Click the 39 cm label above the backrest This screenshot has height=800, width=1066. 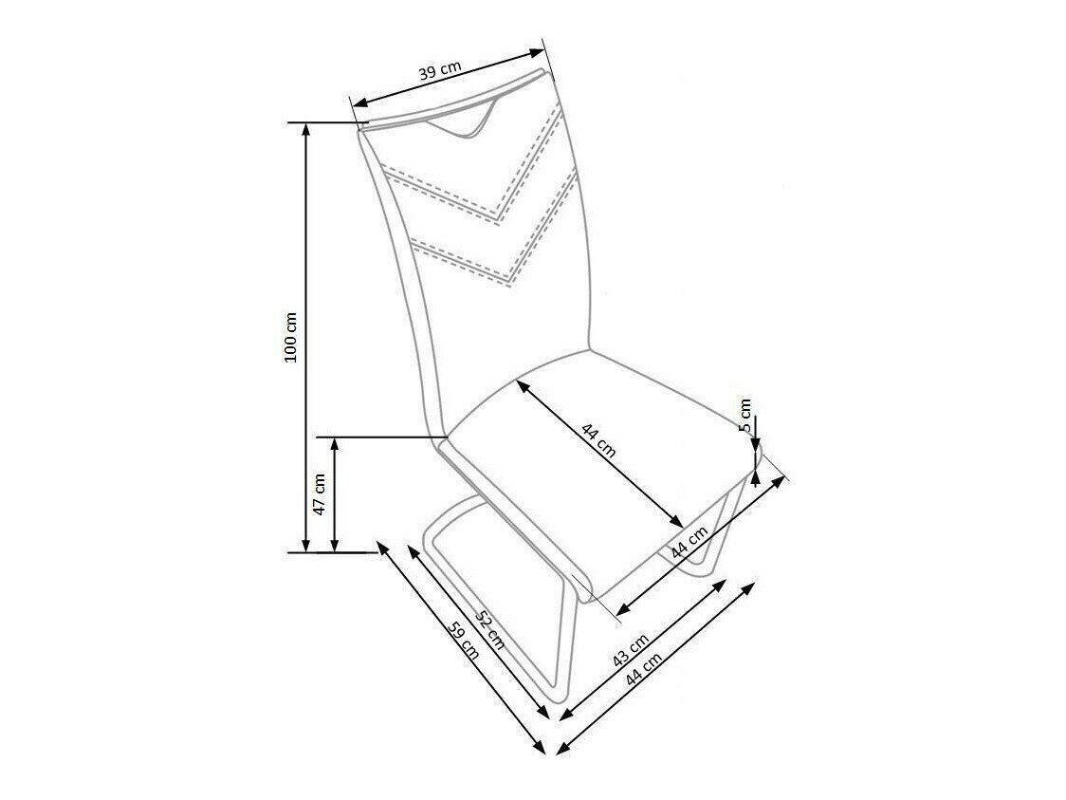pyautogui.click(x=440, y=72)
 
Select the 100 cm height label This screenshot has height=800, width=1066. pyautogui.click(x=292, y=337)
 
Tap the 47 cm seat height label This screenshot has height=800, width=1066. pyautogui.click(x=320, y=493)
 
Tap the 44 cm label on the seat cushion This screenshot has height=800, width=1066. pyautogui.click(x=598, y=442)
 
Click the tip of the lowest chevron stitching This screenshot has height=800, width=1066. pyautogui.click(x=508, y=282)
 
